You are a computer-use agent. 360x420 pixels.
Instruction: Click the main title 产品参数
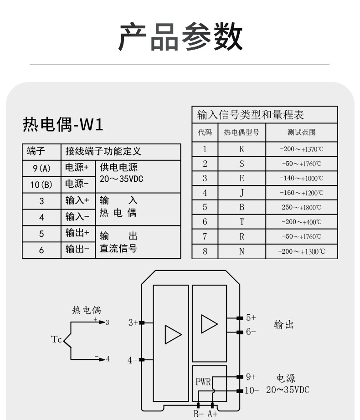tap(180, 37)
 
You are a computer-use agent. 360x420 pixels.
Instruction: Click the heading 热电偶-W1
tap(63, 124)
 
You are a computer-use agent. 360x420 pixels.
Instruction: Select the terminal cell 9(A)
tap(41, 169)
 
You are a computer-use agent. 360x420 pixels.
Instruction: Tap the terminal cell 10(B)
tap(41, 184)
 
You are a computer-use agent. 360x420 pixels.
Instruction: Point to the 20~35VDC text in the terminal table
tap(121, 179)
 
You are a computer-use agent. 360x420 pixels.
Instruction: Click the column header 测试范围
tap(301, 132)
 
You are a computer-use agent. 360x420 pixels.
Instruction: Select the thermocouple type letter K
tap(242, 149)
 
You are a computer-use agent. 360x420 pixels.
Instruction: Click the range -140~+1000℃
tap(302, 179)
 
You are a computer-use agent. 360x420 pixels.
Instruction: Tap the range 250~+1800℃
tap(302, 207)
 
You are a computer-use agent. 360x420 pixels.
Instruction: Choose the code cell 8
tap(205, 251)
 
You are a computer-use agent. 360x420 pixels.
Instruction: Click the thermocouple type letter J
tap(242, 193)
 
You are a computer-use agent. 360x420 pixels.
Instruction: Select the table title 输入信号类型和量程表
tap(251, 115)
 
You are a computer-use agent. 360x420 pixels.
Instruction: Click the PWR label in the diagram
tap(203, 382)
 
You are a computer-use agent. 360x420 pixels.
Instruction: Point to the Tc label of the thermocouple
tap(56, 339)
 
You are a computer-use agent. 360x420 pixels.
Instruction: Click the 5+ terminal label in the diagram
tap(251, 318)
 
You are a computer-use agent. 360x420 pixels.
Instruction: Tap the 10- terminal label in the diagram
tap(252, 390)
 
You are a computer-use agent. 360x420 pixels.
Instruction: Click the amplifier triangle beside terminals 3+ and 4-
tap(173, 334)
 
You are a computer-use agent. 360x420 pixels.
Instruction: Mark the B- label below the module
tap(199, 414)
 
